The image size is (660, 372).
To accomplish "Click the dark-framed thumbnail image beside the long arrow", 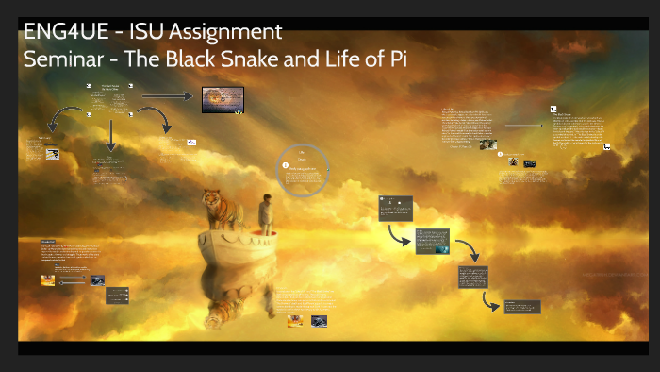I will pyautogui.click(x=223, y=99).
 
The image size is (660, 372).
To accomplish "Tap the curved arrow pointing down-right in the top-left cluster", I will pyautogui.click(x=155, y=121).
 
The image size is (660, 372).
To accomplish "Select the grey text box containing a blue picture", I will pyautogui.click(x=433, y=240).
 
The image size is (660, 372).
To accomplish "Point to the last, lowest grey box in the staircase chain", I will pyautogui.click(x=521, y=306).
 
